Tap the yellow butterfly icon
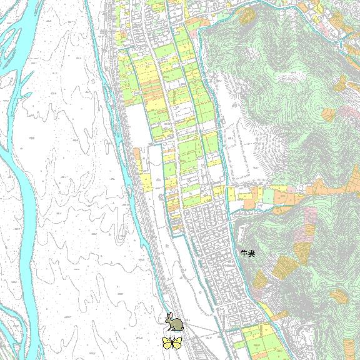tap(172, 342)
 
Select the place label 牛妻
tap(248, 254)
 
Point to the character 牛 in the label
tap(244, 254)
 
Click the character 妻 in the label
tap(252, 254)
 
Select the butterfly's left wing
tap(167, 342)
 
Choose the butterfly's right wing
tap(177, 342)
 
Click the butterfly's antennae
tap(172, 338)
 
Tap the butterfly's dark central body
tap(172, 343)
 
